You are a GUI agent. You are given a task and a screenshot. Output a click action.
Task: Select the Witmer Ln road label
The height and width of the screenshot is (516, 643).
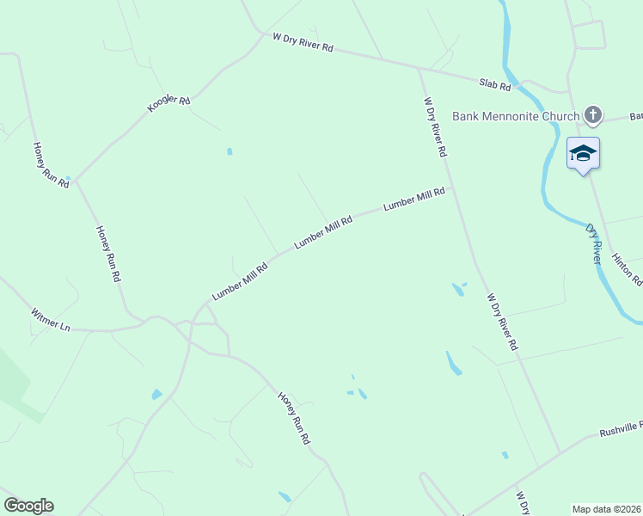pyautogui.click(x=50, y=321)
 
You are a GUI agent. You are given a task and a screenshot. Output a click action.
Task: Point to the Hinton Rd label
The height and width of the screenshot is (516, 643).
pyautogui.click(x=627, y=269)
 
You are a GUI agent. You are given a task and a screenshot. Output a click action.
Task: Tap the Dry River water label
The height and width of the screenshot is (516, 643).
pyautogui.click(x=594, y=244)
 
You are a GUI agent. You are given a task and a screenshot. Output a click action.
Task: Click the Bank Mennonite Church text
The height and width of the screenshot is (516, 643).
pyautogui.click(x=516, y=115)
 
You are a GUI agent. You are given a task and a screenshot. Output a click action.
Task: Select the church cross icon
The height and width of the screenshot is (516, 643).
pyautogui.click(x=592, y=114)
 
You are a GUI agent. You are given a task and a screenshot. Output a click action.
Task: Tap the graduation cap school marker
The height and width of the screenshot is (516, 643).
pyautogui.click(x=583, y=153)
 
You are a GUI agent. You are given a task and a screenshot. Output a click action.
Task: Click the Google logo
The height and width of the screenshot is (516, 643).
pyautogui.click(x=28, y=506)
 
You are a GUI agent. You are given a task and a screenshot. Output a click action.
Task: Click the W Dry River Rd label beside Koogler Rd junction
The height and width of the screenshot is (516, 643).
pyautogui.click(x=302, y=43)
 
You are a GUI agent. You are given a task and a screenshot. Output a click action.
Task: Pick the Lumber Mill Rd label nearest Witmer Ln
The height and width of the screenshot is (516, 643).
pyautogui.click(x=241, y=280)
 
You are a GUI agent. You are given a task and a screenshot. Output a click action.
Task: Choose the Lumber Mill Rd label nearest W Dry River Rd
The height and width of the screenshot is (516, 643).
pyautogui.click(x=414, y=199)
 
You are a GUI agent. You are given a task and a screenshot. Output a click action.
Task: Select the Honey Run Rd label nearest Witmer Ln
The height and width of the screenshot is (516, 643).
pyautogui.click(x=108, y=255)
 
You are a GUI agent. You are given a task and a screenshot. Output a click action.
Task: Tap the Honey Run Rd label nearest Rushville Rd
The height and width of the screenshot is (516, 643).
pyautogui.click(x=293, y=418)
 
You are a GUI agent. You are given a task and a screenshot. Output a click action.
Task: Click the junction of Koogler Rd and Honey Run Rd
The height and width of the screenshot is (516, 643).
pyautogui.click(x=73, y=181)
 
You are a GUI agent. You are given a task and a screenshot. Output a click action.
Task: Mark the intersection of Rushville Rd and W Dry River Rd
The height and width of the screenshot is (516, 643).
pyautogui.click(x=560, y=452)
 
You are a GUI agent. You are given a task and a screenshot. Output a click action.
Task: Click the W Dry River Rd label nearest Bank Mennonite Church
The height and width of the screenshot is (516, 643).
pyautogui.click(x=437, y=126)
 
